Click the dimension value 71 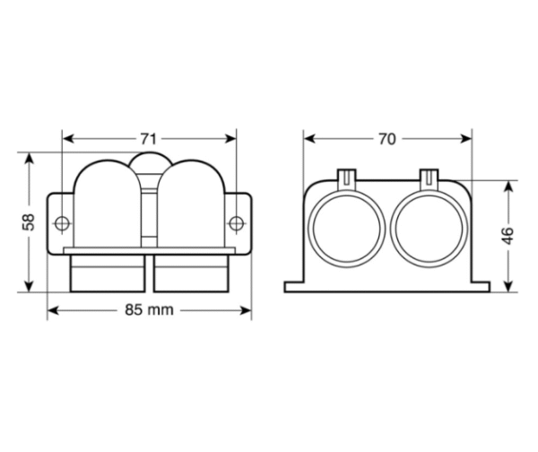[149, 139]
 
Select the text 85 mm [149, 310]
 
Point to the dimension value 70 [387, 139]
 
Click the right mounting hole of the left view [236, 222]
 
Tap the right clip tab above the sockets [428, 177]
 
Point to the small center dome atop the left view [149, 162]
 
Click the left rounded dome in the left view [106, 202]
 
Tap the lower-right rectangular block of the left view [190, 272]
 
